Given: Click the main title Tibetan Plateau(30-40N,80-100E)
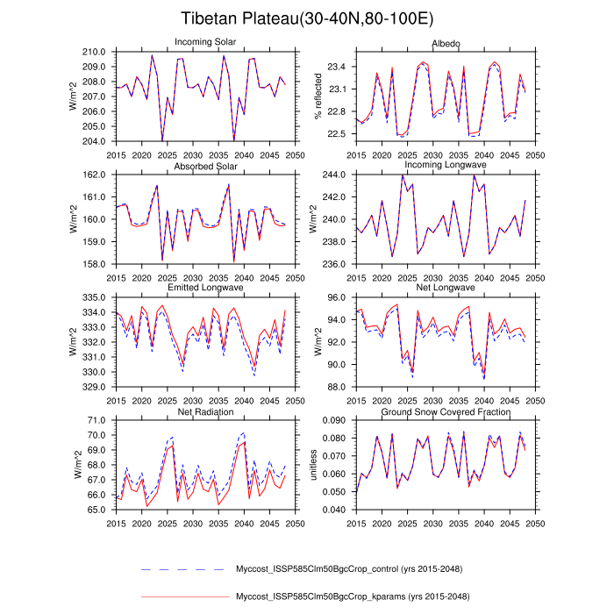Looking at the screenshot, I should pos(306,18).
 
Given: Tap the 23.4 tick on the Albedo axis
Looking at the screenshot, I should pos(334,67).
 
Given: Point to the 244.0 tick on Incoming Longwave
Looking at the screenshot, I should pos(334,175).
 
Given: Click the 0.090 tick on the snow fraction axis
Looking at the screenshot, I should pos(332,421).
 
